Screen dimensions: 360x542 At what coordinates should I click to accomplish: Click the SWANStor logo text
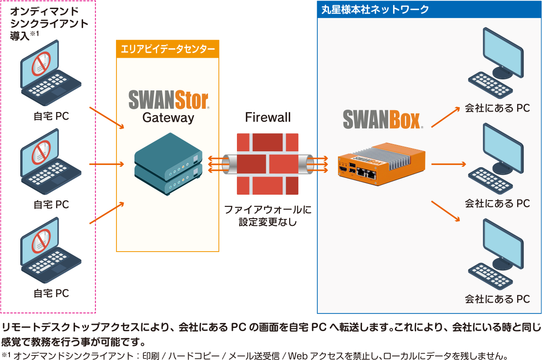[168, 100]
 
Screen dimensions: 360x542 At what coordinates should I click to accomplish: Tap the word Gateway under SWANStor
[168, 118]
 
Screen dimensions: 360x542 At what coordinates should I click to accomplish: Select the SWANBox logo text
[382, 119]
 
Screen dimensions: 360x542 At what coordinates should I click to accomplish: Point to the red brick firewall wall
[268, 164]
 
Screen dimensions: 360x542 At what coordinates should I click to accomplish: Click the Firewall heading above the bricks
[268, 118]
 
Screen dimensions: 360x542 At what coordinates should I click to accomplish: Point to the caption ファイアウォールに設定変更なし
[268, 215]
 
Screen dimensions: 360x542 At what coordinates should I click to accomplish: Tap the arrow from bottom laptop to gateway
[107, 213]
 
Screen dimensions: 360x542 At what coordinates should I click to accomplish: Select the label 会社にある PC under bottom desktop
[497, 299]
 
